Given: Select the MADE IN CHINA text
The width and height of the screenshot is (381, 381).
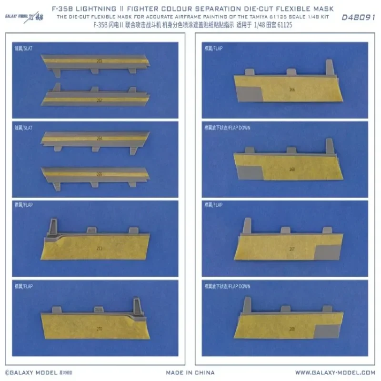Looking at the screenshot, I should tap(190, 372).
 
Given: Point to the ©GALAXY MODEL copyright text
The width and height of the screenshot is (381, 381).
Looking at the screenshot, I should tap(30, 372).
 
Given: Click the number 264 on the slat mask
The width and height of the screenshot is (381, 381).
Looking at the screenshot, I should tap(100, 139).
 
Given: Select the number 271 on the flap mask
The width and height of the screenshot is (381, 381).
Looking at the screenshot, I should tap(100, 249).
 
